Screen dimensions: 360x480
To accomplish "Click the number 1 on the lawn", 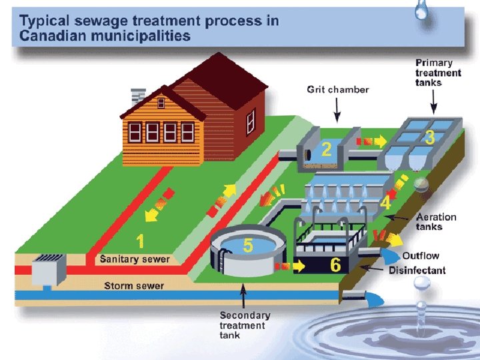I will coord(140,241).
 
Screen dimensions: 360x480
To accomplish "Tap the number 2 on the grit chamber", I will coord(326,149).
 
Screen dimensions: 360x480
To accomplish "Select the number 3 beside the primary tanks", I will coord(430,137).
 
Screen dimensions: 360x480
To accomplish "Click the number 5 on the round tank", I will coord(248,245).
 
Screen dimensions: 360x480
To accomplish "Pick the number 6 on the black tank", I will coord(335,265).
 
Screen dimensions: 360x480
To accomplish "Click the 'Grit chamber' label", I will coord(337,89).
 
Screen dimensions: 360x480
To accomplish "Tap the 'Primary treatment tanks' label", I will coord(438,73).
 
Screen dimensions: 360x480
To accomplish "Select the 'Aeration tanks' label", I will coord(436,221).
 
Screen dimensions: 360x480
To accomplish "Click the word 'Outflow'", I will coord(421,256).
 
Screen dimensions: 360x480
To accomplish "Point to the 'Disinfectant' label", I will coord(417,270).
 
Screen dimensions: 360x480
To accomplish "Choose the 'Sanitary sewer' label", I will coord(135,259).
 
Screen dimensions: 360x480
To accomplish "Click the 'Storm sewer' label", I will coord(133,286).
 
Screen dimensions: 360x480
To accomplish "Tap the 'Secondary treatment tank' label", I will coord(245,325).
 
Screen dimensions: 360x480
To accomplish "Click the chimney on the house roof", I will coord(139,95).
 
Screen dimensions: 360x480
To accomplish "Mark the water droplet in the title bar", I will coord(421,10).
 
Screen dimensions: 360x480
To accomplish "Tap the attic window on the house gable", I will coord(161,103).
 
